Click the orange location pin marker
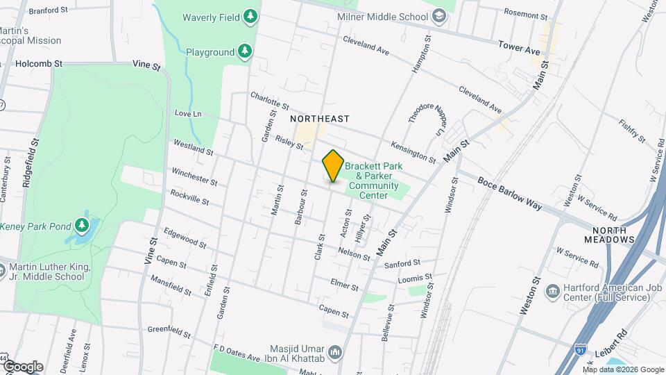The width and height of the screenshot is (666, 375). (333, 166)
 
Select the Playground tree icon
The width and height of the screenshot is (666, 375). (244, 51)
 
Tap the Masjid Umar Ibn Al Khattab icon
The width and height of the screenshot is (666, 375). (335, 352)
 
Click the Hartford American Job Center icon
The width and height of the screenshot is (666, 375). (554, 290)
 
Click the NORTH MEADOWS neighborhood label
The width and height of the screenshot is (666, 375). (613, 235)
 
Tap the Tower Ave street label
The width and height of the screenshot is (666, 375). (519, 47)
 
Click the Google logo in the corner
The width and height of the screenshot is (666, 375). (22, 367)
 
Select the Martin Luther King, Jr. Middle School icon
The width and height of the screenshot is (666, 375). (3, 269)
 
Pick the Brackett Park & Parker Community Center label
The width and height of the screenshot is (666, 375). (373, 181)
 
